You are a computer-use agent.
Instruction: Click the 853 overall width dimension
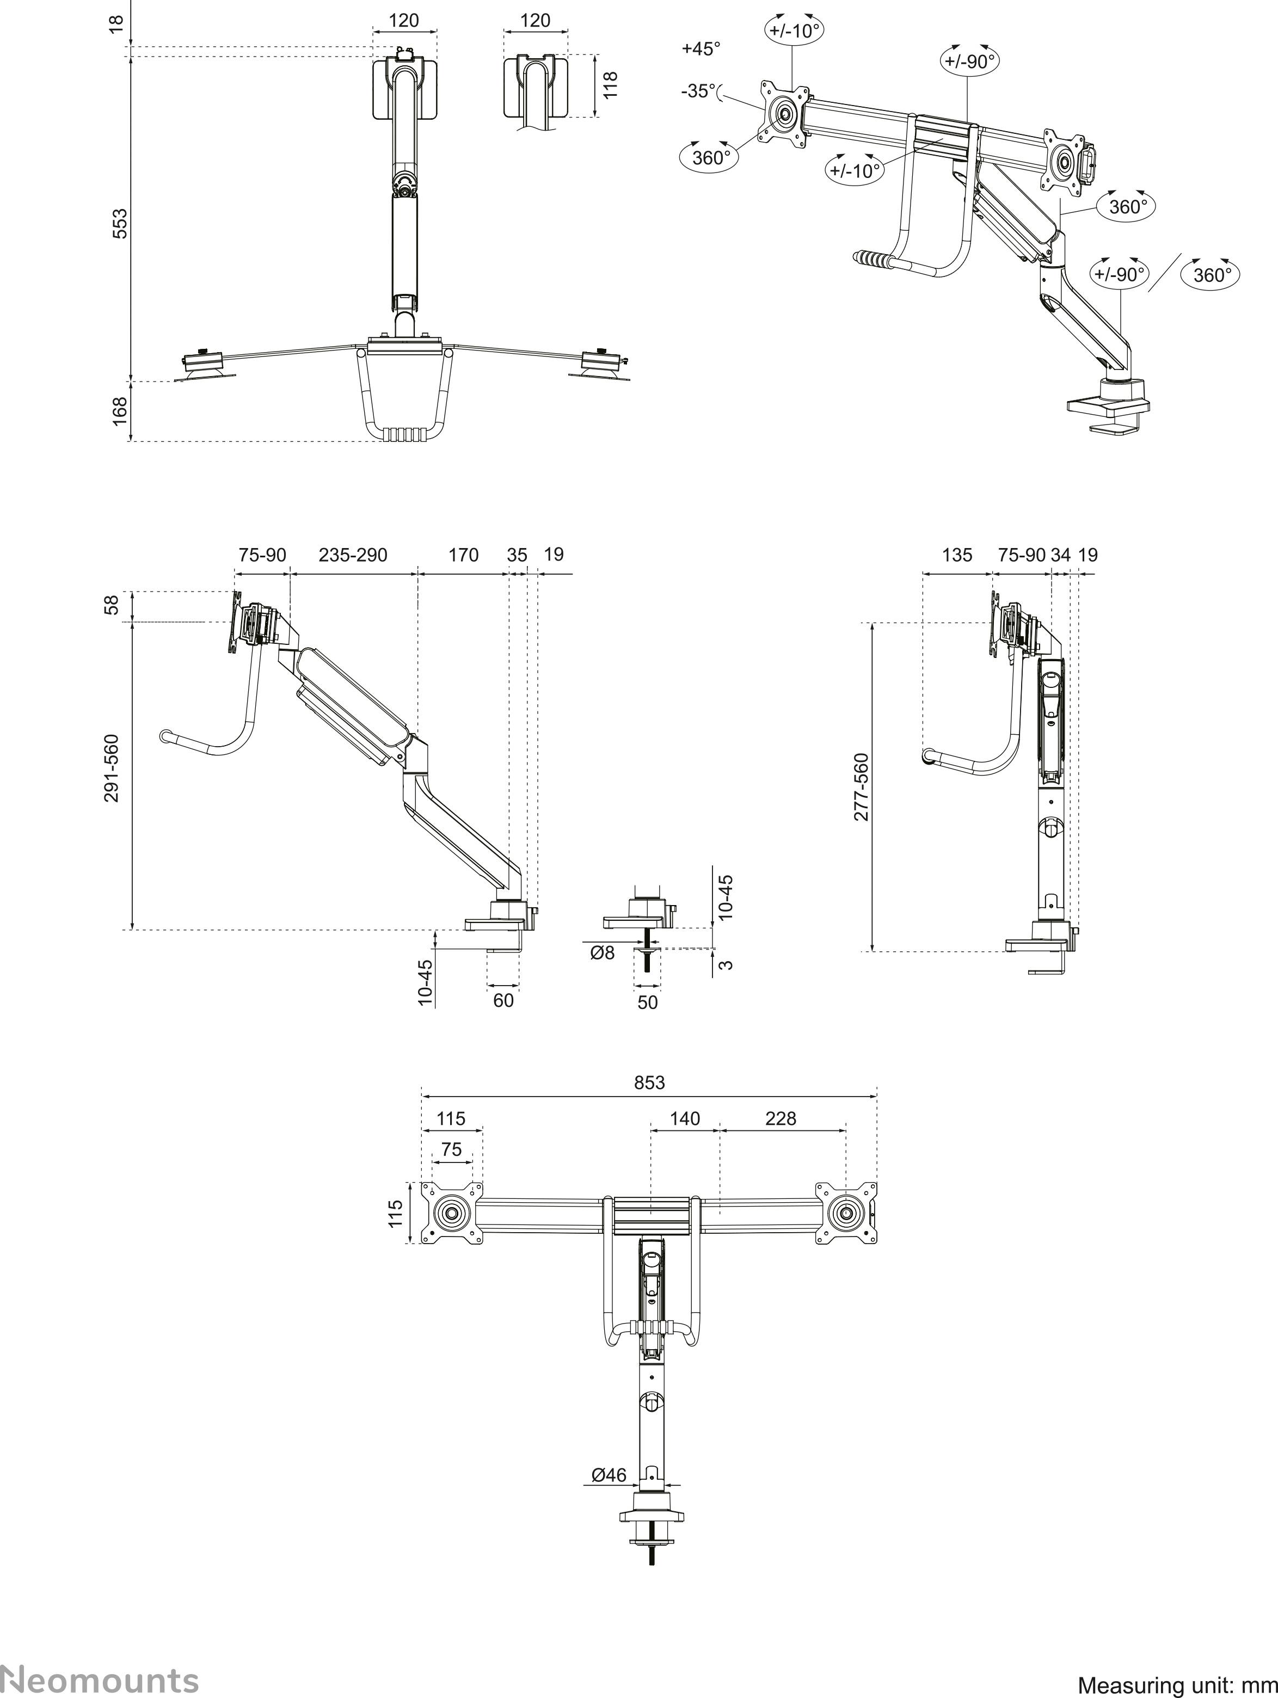pyautogui.click(x=649, y=1082)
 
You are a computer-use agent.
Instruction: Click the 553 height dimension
pyautogui.click(x=120, y=223)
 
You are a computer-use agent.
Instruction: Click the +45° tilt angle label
pyautogui.click(x=701, y=49)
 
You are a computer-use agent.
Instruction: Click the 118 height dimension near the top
pyautogui.click(x=610, y=84)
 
